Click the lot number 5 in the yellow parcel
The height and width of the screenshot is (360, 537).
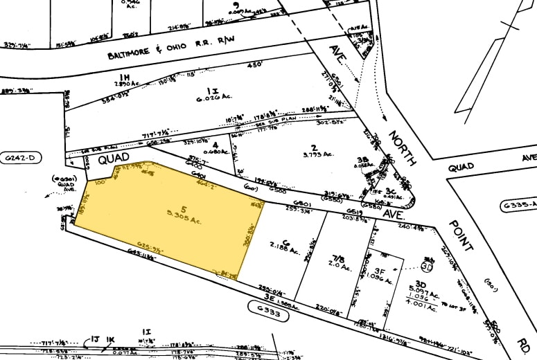coord(184,209)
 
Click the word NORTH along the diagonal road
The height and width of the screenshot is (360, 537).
coord(403,147)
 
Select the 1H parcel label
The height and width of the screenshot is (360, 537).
coord(125,77)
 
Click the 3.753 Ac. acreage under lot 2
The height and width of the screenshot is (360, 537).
coord(313,156)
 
